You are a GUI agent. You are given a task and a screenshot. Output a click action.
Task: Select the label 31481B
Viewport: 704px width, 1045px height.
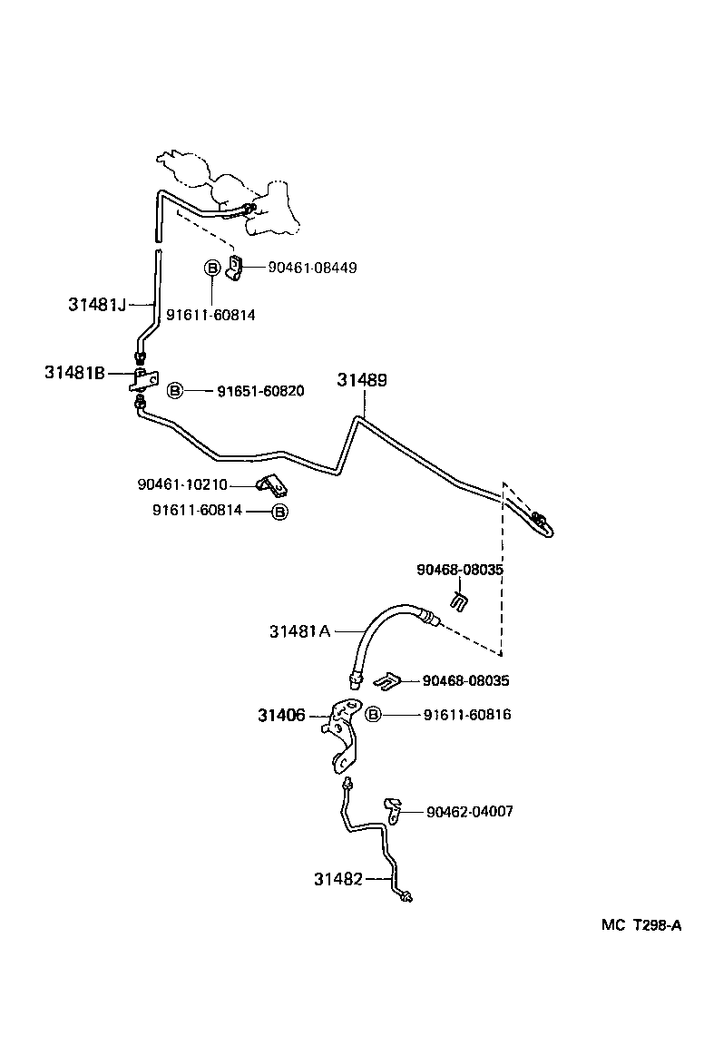(74, 372)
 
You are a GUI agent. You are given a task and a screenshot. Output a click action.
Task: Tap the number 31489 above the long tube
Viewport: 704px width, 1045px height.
(362, 380)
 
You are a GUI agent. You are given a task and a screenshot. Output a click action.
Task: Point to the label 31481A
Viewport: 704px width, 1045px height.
(299, 630)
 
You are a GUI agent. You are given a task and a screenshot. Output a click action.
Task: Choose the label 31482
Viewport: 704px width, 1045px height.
(338, 878)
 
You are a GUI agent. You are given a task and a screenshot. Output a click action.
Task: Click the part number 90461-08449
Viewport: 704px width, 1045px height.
(312, 268)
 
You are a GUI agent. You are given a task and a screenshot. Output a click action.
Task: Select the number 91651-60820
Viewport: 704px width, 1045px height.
(260, 391)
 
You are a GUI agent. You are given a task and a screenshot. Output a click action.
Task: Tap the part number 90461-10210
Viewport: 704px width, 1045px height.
(182, 484)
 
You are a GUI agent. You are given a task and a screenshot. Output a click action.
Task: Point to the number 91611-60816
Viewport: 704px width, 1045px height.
(466, 715)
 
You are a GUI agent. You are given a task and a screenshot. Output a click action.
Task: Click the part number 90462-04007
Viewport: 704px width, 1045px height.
(469, 811)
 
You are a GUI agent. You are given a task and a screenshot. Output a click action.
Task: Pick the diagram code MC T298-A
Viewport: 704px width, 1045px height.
(640, 925)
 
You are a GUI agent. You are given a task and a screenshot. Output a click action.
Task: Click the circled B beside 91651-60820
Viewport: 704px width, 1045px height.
(175, 391)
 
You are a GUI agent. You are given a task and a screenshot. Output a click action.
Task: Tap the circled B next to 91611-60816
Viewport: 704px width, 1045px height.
(372, 715)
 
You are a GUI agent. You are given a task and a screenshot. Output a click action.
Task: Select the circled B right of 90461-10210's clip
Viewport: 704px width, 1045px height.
(280, 512)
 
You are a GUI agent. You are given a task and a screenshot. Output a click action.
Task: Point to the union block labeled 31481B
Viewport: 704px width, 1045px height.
(143, 379)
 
